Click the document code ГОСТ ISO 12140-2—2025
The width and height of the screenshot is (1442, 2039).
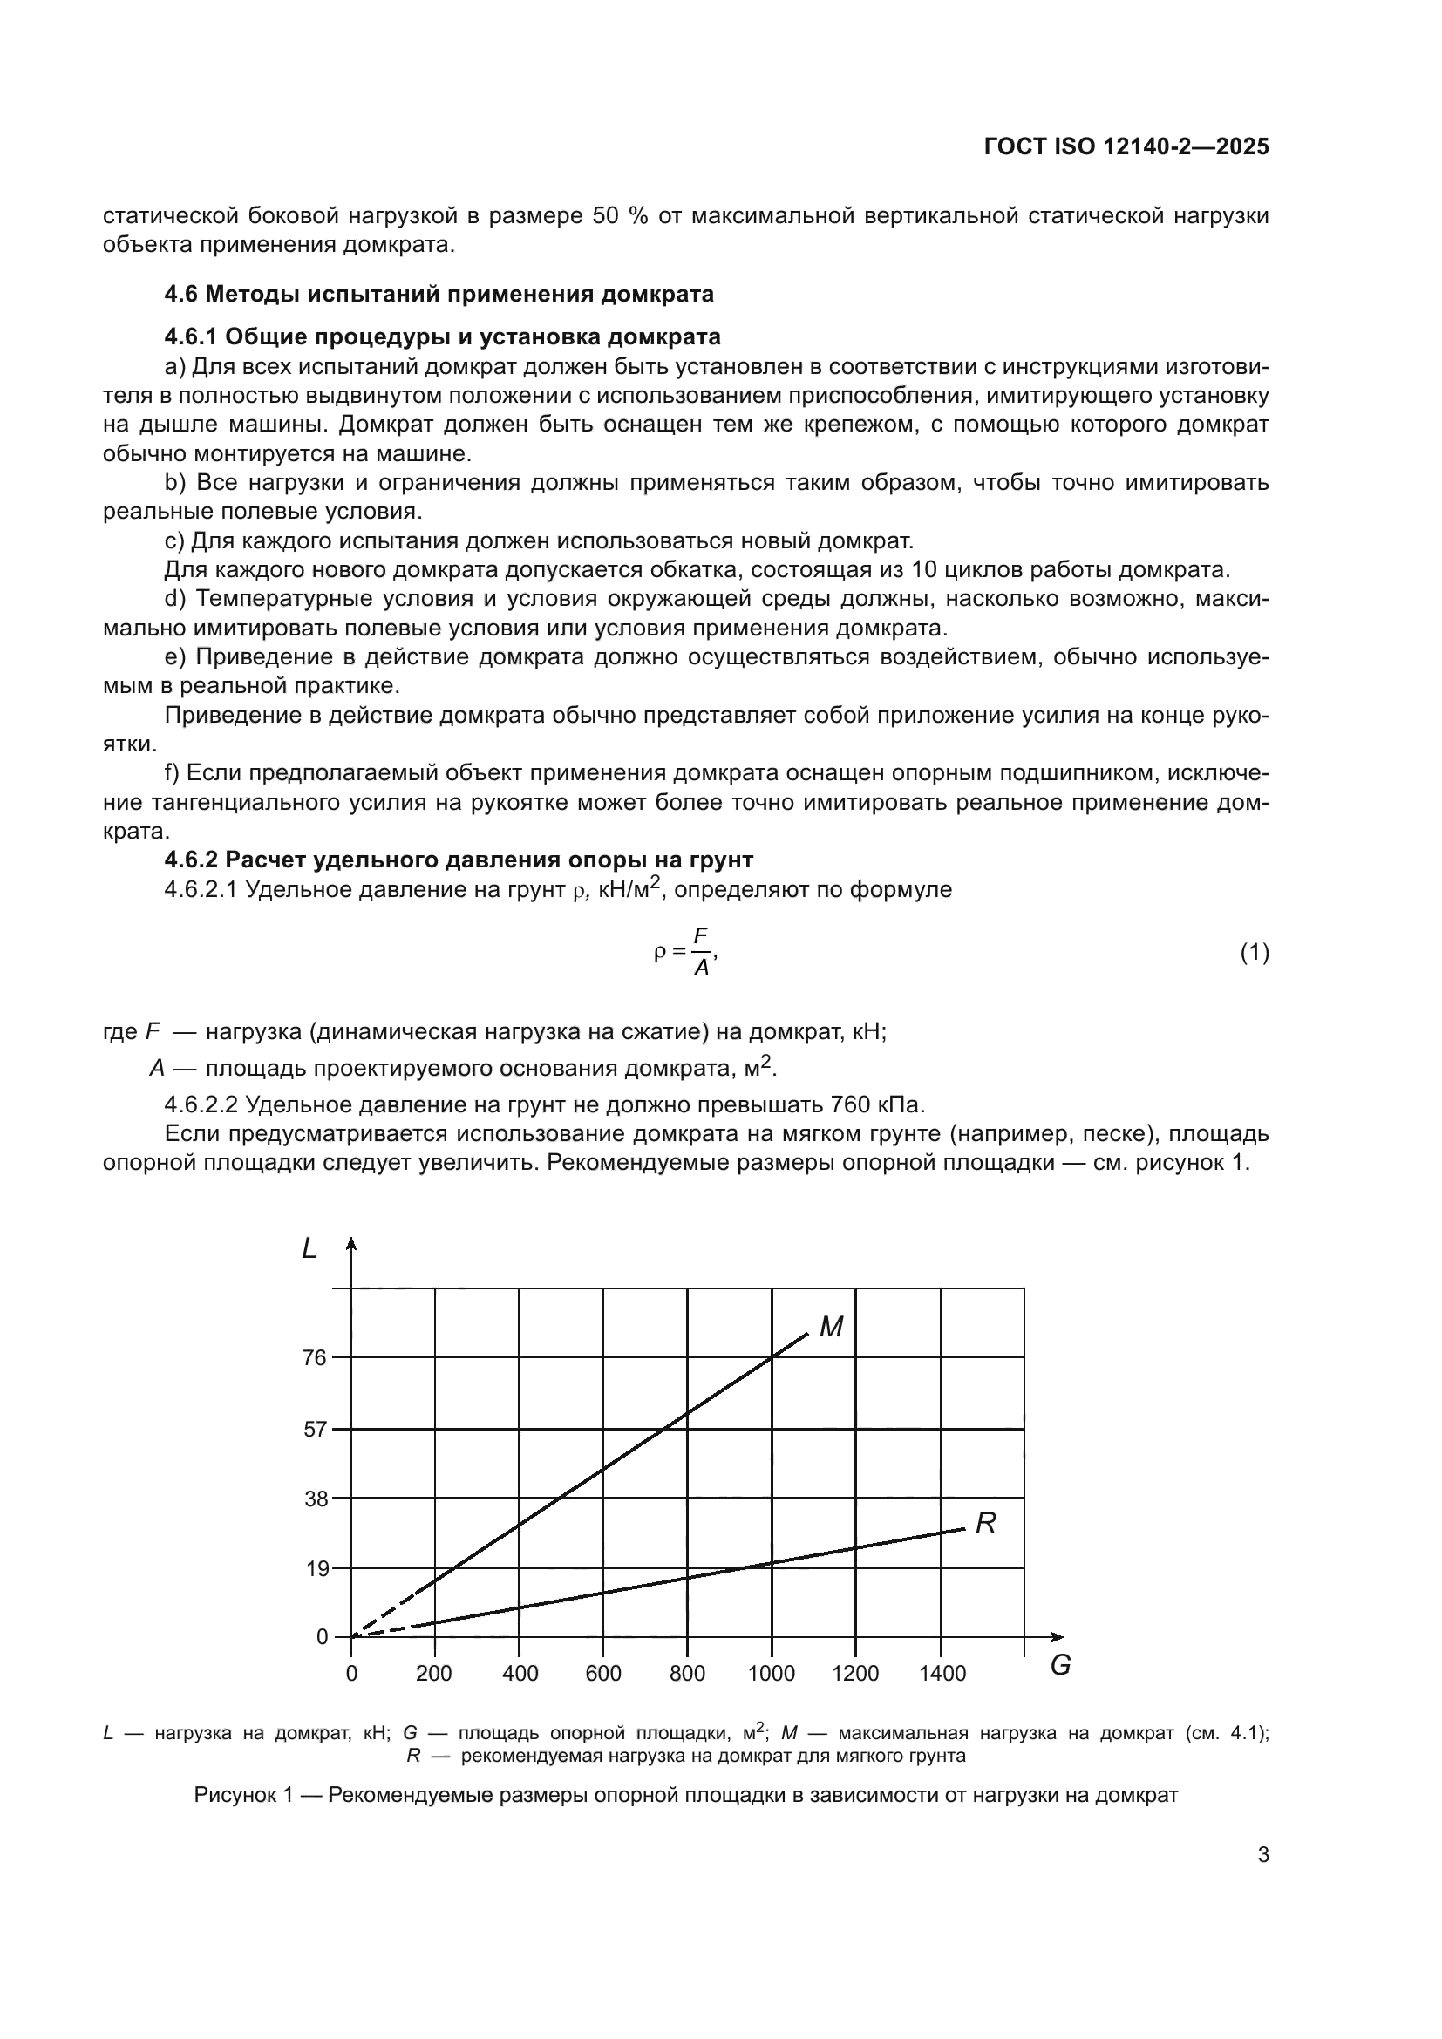point(1126,147)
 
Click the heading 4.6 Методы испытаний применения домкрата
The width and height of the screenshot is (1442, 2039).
point(439,294)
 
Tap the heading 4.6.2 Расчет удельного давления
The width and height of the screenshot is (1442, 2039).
point(459,860)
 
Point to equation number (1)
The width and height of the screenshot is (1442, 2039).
point(1254,953)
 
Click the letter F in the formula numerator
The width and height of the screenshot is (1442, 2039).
point(701,936)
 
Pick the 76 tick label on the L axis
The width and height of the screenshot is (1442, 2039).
point(316,1357)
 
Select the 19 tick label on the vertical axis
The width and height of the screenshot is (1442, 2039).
point(316,1568)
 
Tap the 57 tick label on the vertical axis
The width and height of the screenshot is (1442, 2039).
point(316,1429)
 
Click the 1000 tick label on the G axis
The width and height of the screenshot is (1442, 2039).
point(771,1674)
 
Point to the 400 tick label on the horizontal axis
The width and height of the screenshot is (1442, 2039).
point(520,1674)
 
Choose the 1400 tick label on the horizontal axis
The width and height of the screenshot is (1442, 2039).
point(942,1674)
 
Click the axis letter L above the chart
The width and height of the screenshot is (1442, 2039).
point(309,1249)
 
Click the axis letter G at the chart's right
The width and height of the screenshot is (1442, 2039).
point(1060,1666)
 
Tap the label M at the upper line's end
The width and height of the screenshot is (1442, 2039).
point(831,1328)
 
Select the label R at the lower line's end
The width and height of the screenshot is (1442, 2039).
point(986,1524)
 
